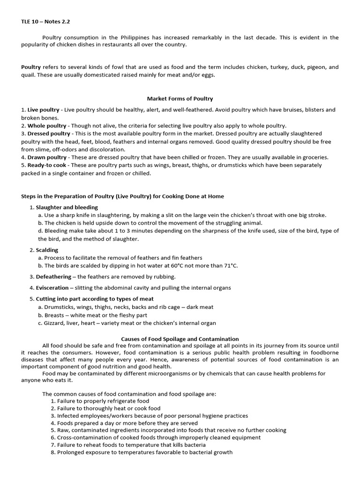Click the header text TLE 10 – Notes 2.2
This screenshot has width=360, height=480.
[x=45, y=22]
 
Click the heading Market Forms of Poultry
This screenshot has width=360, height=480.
[x=180, y=98]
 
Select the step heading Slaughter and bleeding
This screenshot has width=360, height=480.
[x=67, y=207]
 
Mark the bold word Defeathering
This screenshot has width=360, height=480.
[x=53, y=277]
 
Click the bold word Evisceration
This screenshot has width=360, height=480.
[x=52, y=288]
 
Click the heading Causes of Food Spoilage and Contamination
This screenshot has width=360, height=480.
[x=180, y=339]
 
